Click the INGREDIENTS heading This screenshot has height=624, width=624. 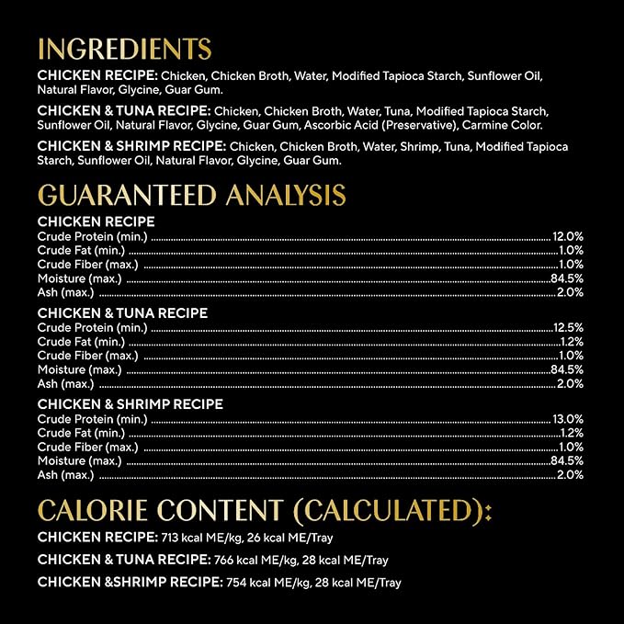124,49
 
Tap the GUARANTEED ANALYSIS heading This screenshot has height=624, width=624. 191,195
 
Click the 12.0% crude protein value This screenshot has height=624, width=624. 567,236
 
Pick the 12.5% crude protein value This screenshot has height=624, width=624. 567,327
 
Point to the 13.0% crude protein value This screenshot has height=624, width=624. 567,419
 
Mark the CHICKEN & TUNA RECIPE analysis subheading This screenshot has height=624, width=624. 122,313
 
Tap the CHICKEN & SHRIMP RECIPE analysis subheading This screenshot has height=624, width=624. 130,404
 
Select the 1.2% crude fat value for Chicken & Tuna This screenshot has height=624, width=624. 571,341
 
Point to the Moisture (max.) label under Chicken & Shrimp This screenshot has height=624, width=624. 79,460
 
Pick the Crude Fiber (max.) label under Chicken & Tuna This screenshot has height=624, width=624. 87,356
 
